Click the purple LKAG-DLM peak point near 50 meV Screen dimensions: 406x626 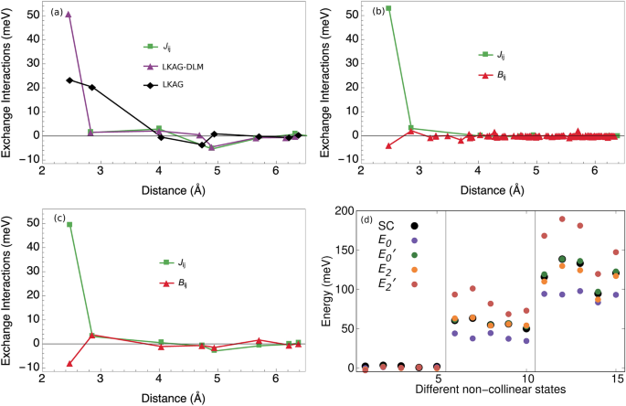click(69, 15)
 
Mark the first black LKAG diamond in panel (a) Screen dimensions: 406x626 click(69, 80)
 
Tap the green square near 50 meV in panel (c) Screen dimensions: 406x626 click(69, 224)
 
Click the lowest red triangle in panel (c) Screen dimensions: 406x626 click(69, 363)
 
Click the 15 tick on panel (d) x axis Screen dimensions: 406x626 click(616, 379)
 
